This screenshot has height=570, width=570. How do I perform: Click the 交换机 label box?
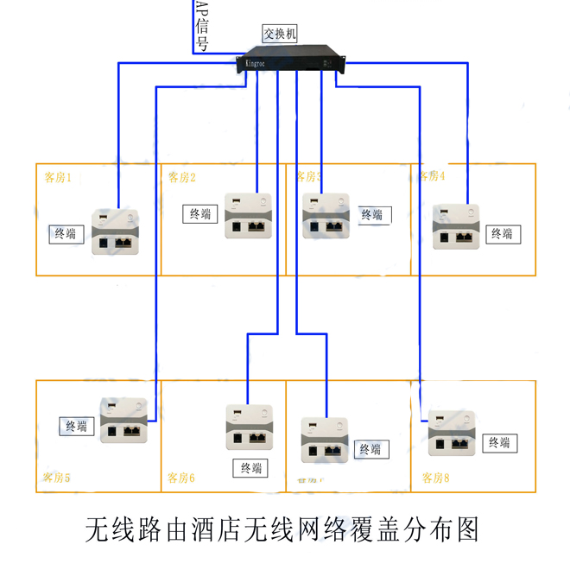click(x=280, y=34)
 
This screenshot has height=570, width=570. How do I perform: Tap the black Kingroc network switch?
click(x=292, y=62)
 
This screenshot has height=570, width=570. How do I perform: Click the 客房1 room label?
click(x=58, y=178)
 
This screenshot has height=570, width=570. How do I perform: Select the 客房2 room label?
click(x=181, y=178)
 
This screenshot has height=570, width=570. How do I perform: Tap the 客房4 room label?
click(x=431, y=177)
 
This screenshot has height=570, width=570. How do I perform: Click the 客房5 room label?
click(x=56, y=478)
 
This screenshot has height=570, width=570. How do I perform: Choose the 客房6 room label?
click(x=180, y=478)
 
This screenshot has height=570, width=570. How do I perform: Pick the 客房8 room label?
click(x=436, y=478)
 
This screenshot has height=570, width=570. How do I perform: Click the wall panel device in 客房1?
click(x=115, y=231)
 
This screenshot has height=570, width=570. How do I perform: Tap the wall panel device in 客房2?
click(x=249, y=215)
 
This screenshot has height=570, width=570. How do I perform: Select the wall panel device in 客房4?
click(x=456, y=226)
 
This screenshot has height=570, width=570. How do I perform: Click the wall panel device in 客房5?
click(x=124, y=421)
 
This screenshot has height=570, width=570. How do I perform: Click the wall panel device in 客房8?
click(x=452, y=431)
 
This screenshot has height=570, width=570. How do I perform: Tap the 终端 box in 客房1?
click(x=66, y=233)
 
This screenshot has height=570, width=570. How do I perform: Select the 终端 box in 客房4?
click(x=502, y=233)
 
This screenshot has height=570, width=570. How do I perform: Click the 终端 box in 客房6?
click(x=250, y=468)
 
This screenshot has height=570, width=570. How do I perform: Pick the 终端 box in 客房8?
click(x=500, y=443)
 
